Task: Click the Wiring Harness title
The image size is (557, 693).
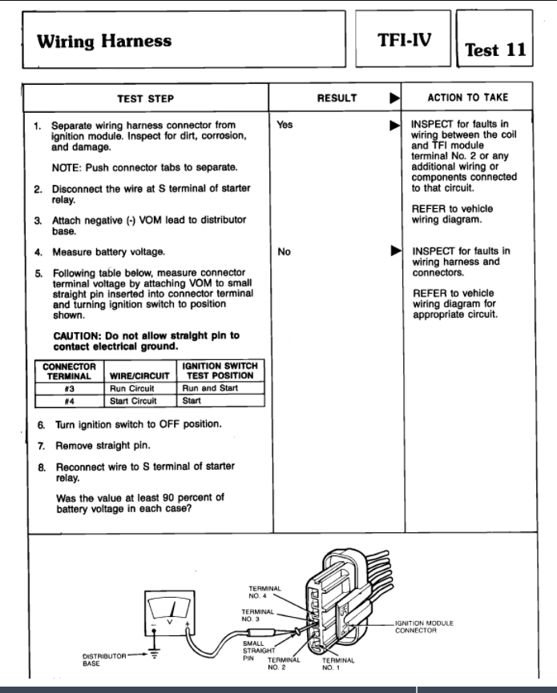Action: point(103,41)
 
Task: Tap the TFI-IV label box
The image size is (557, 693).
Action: point(405,38)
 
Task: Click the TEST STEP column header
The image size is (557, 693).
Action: point(145,98)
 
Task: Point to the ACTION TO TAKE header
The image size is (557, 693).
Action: point(467,98)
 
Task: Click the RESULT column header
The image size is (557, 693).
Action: point(337,98)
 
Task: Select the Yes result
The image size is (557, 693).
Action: point(285,126)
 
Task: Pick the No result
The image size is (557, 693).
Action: point(284,252)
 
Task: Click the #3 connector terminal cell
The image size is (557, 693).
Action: point(71,388)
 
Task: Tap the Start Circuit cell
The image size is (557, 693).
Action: point(133,401)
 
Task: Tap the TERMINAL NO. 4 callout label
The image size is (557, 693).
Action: point(264,593)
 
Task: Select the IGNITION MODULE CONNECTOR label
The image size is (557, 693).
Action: point(423,627)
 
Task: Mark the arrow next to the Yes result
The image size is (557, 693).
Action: point(394,126)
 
